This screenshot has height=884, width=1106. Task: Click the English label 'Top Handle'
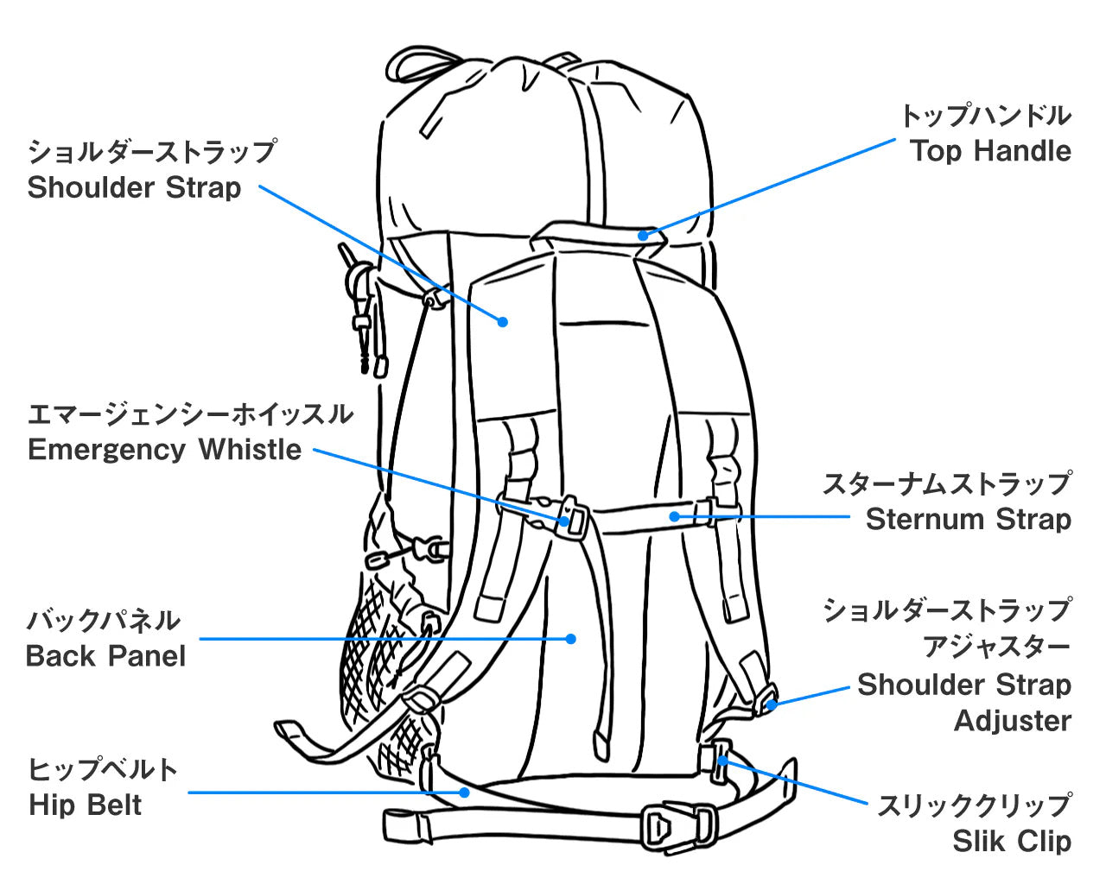[990, 151]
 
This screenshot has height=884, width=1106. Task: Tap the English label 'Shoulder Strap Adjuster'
[964, 703]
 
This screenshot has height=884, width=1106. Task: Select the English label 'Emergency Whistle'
[164, 450]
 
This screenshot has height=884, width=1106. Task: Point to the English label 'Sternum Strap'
[968, 519]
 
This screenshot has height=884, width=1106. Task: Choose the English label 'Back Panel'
[105, 656]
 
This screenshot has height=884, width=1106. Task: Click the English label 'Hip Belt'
[85, 805]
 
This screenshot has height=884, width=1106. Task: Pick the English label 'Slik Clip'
[1011, 841]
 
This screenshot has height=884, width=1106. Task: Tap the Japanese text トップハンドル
[985, 115]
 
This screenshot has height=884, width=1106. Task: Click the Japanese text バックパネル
[104, 620]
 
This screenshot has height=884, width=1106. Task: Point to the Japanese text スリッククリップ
[974, 805]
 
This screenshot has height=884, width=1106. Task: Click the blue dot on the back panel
[570, 639]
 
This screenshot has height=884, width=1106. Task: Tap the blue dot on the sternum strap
[675, 516]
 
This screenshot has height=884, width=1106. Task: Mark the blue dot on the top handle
[643, 233]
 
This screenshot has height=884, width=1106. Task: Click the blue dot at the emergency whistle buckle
[564, 521]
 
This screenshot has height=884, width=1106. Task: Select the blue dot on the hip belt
[465, 792]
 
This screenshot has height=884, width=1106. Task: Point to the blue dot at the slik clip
[722, 760]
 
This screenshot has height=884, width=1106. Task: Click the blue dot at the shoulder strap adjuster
[772, 704]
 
